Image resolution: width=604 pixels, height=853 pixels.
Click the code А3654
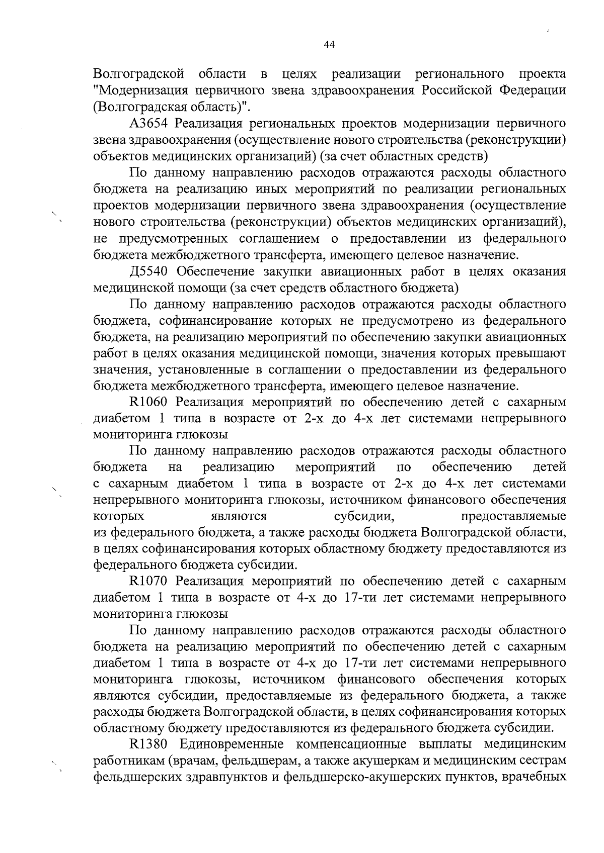[x=148, y=124]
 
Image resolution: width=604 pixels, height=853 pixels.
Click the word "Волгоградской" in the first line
[x=138, y=74]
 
